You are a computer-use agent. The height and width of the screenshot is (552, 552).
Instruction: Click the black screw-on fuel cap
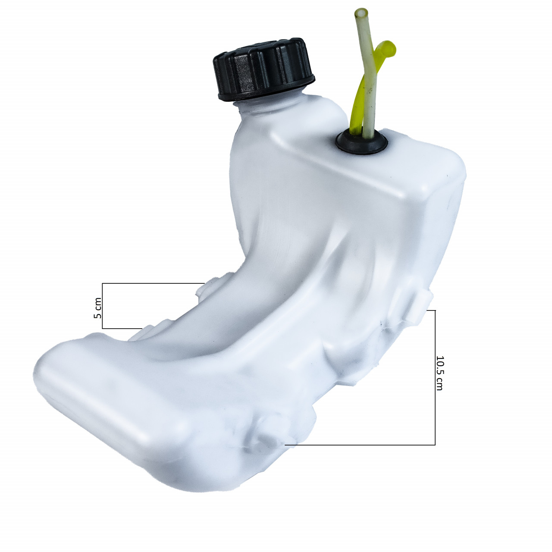tap(263, 69)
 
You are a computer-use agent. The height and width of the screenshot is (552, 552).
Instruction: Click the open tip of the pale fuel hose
tap(361, 13)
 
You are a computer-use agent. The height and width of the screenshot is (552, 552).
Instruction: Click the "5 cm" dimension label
tap(98, 308)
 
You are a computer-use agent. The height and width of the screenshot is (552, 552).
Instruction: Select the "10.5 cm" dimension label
tap(439, 373)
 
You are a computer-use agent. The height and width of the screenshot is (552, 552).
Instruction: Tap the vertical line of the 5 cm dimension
tap(102, 306)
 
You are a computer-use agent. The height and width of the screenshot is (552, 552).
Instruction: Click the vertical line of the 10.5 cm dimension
tap(435, 377)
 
